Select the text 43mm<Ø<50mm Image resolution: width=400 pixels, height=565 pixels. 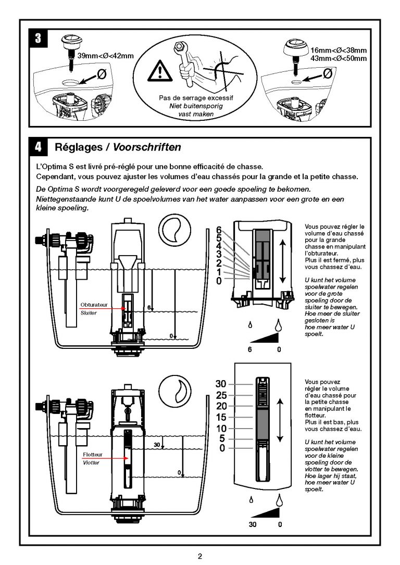339,58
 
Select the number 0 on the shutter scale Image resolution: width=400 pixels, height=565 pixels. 219,281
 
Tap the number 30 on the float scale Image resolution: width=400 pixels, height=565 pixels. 221,384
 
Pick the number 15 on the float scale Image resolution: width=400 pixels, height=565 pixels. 221,417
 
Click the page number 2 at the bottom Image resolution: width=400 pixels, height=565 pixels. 200,556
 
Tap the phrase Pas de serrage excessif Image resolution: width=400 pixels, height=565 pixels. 196,97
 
